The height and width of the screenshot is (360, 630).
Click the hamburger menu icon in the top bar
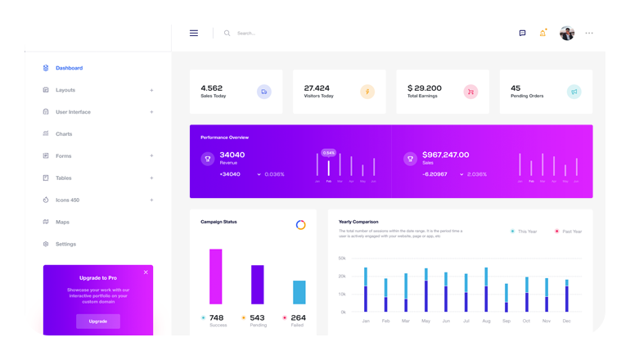pyautogui.click(x=194, y=34)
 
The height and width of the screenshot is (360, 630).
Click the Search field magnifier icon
pyautogui.click(x=227, y=34)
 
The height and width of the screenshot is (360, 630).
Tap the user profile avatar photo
pyautogui.click(x=567, y=33)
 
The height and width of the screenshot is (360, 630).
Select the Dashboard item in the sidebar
pyautogui.click(x=69, y=68)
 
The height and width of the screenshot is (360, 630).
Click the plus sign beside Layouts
pyautogui.click(x=151, y=90)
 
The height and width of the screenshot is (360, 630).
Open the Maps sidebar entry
pyautogui.click(x=62, y=222)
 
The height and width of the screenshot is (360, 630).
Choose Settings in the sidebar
pyautogui.click(x=65, y=244)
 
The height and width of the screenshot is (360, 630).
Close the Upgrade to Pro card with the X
pyautogui.click(x=146, y=272)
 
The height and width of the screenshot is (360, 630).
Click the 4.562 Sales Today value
pyautogui.click(x=212, y=88)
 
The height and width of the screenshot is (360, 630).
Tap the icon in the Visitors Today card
pyautogui.click(x=367, y=92)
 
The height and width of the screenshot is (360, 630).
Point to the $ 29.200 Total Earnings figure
pyautogui.click(x=425, y=88)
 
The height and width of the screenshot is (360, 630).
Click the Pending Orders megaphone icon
pyautogui.click(x=574, y=92)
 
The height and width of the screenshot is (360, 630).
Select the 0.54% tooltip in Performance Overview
pyautogui.click(x=329, y=153)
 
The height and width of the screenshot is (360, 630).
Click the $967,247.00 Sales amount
pyautogui.click(x=446, y=155)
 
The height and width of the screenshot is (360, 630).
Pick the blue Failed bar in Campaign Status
pyautogui.click(x=299, y=292)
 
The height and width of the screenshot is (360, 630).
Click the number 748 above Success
pyautogui.click(x=216, y=317)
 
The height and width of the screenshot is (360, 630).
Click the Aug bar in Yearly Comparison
pyautogui.click(x=486, y=290)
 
